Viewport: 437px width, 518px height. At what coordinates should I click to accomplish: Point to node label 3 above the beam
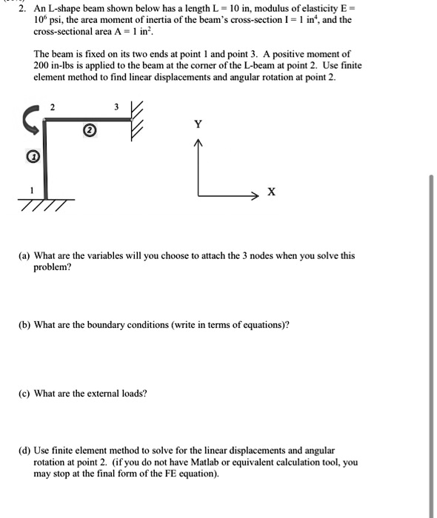(x=115, y=107)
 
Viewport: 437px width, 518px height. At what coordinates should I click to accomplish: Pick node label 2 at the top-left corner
(x=51, y=107)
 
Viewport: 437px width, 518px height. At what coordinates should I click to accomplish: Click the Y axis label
(x=198, y=124)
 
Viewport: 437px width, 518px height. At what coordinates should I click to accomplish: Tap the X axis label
(x=271, y=192)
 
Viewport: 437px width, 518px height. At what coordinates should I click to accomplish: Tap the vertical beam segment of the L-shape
(x=44, y=158)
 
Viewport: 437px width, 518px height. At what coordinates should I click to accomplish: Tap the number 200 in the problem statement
(x=42, y=66)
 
